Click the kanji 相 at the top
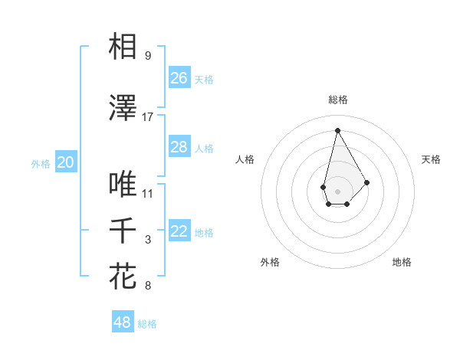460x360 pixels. click(x=123, y=47)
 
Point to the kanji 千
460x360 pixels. click(x=123, y=231)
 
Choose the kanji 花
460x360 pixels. click(x=123, y=276)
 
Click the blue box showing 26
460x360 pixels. click(x=179, y=78)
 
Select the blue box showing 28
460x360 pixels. click(x=179, y=147)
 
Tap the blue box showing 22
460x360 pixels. click(x=179, y=232)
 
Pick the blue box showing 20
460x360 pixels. click(x=66, y=162)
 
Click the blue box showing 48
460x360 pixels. click(x=123, y=322)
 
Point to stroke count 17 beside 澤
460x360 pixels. click(x=148, y=117)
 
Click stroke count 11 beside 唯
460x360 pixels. click(x=148, y=193)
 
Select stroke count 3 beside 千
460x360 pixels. click(x=148, y=240)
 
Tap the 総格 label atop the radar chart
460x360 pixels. click(x=338, y=100)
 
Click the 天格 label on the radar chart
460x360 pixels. click(x=432, y=159)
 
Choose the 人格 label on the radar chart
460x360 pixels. click(x=245, y=159)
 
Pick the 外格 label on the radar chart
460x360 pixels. click(x=270, y=262)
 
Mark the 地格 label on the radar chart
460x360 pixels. click(x=402, y=262)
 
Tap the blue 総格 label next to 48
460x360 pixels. click(x=147, y=324)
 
